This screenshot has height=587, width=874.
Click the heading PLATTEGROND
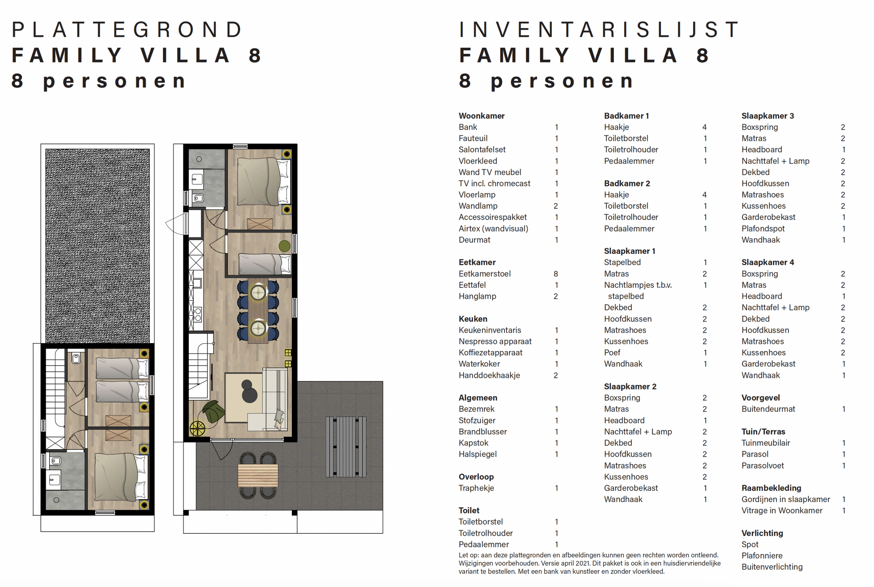tap(127, 30)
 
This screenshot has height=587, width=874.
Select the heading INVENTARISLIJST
tap(599, 30)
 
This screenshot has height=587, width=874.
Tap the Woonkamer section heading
tap(481, 116)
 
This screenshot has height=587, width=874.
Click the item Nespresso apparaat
tap(495, 341)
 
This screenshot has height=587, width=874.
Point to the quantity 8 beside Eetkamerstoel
tap(556, 274)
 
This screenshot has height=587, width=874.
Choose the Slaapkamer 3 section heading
tap(767, 116)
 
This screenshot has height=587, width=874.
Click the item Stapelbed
tap(622, 263)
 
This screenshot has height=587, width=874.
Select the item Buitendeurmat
tap(768, 409)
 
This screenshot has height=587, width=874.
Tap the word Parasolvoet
tap(762, 465)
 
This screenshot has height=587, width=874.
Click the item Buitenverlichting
tap(772, 567)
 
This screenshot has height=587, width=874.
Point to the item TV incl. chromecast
tap(494, 183)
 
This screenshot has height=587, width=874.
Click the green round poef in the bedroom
tap(284, 246)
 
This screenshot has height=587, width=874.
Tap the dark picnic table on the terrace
tap(346, 447)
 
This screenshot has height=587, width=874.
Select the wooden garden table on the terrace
tap(258, 475)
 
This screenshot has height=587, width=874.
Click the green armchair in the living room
tap(214, 411)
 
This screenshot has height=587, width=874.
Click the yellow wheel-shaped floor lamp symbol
tap(197, 429)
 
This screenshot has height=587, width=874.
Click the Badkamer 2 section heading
tap(627, 183)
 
